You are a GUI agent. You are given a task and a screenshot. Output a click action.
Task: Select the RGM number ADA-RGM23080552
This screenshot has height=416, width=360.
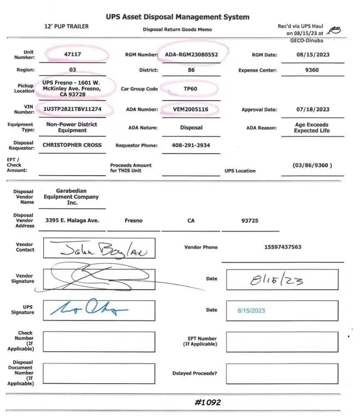point(191,54)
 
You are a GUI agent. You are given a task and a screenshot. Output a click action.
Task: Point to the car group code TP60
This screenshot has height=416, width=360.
point(191,89)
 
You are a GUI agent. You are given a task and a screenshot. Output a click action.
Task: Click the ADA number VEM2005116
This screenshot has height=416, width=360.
point(191,109)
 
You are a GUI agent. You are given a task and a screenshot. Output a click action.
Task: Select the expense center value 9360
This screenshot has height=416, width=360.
point(312,70)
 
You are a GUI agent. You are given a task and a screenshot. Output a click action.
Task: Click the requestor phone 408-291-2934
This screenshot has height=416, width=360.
point(191,145)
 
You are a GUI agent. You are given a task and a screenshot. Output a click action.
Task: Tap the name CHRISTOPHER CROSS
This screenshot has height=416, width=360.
point(72,145)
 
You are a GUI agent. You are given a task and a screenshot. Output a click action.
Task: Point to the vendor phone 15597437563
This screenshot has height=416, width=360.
point(283,247)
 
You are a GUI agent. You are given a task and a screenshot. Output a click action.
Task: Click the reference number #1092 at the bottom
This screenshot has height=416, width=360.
point(207,402)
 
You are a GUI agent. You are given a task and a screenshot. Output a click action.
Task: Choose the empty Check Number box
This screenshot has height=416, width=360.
point(99,342)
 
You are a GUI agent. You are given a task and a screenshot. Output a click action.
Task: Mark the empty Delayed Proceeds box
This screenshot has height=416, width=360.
point(282,374)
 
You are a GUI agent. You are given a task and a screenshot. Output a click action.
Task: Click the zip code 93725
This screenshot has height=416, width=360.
point(250,220)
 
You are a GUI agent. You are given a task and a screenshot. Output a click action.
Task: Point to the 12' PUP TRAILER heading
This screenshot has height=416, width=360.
point(66,26)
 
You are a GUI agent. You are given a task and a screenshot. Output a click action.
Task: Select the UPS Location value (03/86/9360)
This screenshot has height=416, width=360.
point(312,165)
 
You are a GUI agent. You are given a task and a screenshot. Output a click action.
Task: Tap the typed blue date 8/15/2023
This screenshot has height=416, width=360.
point(251,310)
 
